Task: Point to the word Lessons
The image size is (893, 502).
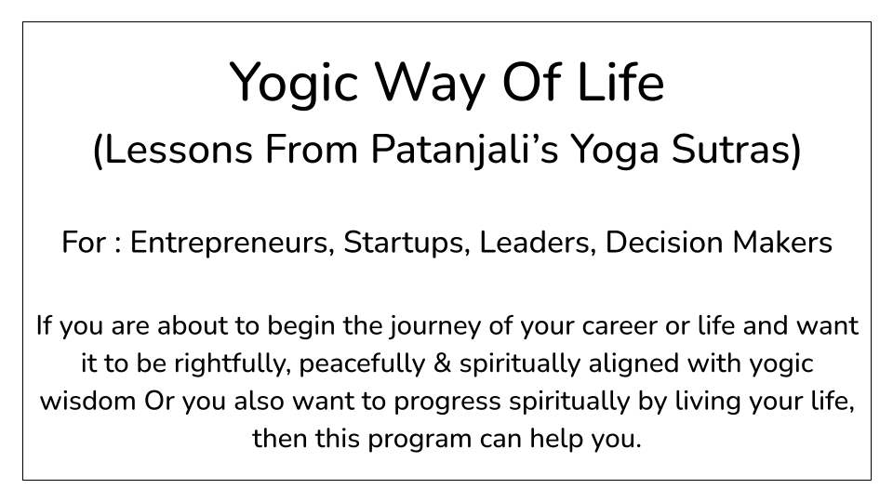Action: point(179,150)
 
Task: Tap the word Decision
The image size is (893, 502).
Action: point(664,242)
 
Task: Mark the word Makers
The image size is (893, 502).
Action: point(782,242)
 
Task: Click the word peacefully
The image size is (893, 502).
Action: point(362,364)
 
